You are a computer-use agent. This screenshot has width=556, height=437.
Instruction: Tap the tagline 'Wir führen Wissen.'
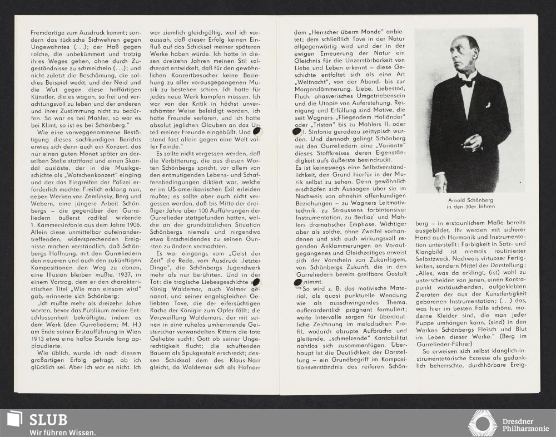point(62,432)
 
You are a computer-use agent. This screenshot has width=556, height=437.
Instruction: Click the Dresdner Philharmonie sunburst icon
point(482,423)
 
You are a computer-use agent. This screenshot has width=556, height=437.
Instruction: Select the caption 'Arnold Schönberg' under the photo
point(470,200)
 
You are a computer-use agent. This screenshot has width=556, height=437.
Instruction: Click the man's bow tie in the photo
point(466,82)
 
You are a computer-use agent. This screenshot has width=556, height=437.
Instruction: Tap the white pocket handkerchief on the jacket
point(487,104)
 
